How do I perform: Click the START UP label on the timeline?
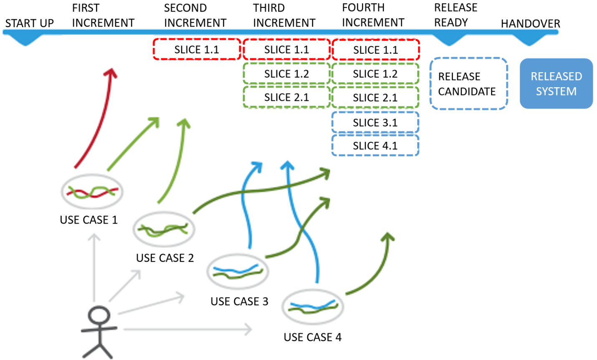click(29, 23)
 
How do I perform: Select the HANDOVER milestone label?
click(530, 24)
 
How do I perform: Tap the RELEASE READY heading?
click(455, 15)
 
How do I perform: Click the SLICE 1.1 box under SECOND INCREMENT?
click(197, 50)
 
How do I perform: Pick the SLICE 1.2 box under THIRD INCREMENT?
click(286, 74)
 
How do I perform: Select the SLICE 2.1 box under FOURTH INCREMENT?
click(375, 98)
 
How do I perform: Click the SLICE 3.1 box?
click(375, 123)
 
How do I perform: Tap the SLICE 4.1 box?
click(375, 146)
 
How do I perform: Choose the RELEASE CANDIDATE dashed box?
click(468, 84)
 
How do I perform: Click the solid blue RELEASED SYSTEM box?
click(556, 84)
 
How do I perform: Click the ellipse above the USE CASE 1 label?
click(92, 192)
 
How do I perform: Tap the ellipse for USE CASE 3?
click(238, 271)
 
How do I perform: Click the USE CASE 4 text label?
click(312, 337)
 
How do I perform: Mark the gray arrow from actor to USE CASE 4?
click(188, 330)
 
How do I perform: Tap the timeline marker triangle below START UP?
click(26, 40)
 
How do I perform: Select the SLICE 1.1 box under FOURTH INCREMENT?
click(375, 50)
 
